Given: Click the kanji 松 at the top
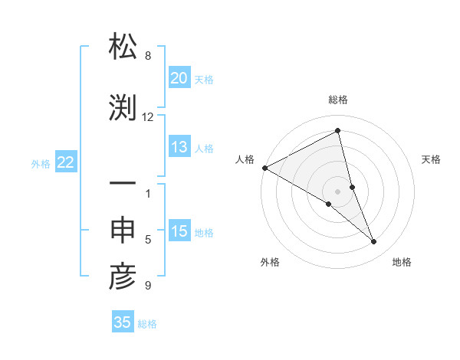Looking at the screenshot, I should tap(123, 48).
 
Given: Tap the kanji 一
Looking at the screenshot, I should tap(123, 185).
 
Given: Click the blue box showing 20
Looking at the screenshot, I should tap(179, 78).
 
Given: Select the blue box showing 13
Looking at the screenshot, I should tap(179, 148).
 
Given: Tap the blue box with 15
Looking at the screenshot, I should tap(179, 232).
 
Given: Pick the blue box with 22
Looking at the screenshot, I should tap(65, 162).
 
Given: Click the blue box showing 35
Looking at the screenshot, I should tap(123, 322).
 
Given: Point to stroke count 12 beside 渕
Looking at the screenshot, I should tap(148, 117).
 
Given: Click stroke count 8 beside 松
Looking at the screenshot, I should tap(148, 56).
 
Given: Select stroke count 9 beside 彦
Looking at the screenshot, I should tap(148, 286).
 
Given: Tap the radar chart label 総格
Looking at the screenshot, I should tap(338, 100).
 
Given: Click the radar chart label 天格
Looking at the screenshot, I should tap(432, 159).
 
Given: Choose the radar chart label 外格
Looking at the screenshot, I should tap(270, 262).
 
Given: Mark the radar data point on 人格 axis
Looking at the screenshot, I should tap(264, 168).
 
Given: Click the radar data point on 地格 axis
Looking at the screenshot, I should tap(374, 241).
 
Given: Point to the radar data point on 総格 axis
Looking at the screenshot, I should tap(338, 131).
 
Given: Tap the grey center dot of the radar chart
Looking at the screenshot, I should tap(338, 190).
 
